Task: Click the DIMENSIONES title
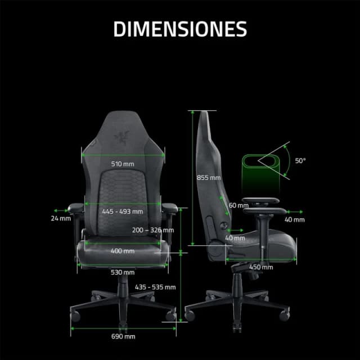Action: (180, 29)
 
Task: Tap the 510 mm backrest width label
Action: (123, 164)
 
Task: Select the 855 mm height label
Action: (209, 177)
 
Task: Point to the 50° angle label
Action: (301, 160)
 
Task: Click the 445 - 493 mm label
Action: (123, 211)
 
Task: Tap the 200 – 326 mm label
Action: (153, 230)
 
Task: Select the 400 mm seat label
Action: (123, 250)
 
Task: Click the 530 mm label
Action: (123, 272)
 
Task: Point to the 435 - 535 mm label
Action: (155, 287)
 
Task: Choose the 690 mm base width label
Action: (123, 336)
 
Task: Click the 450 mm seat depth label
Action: (258, 267)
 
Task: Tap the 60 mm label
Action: (238, 205)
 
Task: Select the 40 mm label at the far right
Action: (294, 219)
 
